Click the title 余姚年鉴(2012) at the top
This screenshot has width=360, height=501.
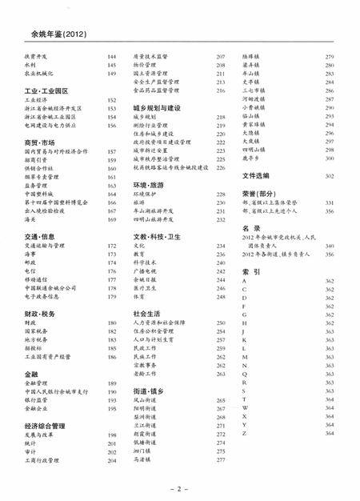tap(51, 33)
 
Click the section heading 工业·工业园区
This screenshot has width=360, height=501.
tap(46, 91)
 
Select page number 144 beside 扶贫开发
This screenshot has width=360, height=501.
tap(112, 57)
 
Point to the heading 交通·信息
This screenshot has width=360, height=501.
tap(39, 236)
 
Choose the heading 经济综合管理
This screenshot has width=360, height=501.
tap(45, 427)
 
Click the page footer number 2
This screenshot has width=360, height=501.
tap(180, 486)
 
